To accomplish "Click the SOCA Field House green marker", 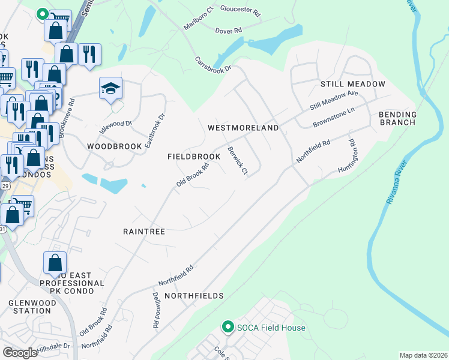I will (228, 327).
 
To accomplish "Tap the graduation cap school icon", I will (111, 89).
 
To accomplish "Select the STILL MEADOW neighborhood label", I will (352, 84).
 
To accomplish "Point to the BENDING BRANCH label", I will (397, 118).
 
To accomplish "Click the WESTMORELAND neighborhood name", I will (243, 128).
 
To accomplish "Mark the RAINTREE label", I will (144, 231).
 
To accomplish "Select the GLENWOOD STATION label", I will (30, 307).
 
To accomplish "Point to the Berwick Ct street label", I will (237, 161).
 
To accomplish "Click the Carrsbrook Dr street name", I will (213, 65).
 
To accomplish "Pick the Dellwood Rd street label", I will (155, 310).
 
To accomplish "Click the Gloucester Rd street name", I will (240, 11).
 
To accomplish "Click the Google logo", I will (20, 353).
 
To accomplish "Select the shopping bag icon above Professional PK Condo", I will (55, 263).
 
